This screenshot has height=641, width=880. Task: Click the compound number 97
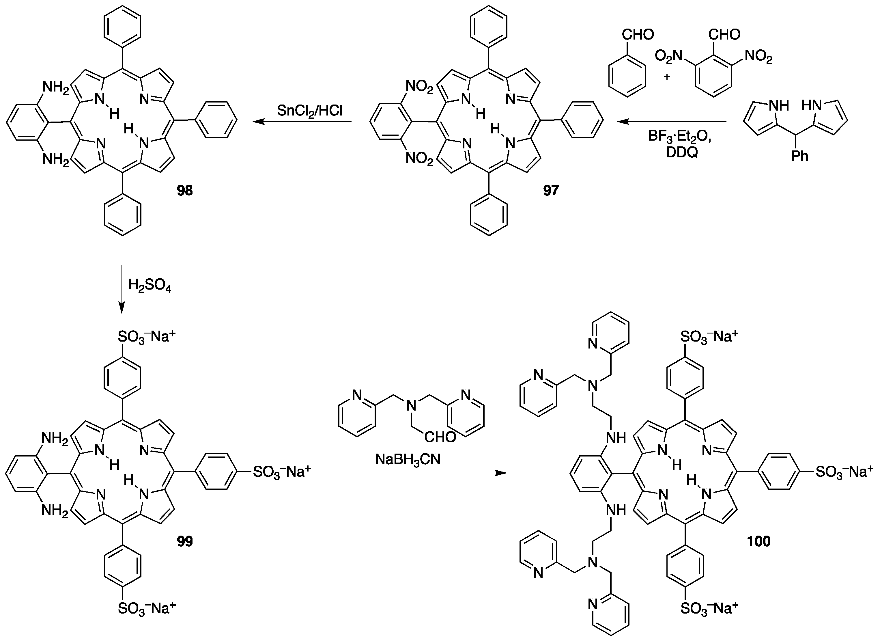pos(551,191)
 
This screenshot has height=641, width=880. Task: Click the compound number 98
pos(185,191)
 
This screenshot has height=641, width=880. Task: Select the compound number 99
pos(185,541)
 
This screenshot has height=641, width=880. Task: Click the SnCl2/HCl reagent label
pos(310,111)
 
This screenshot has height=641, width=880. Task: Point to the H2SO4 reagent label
pos(150,286)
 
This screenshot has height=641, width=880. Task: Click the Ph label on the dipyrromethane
pos(800,156)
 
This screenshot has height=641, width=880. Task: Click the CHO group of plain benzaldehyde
pos(638,35)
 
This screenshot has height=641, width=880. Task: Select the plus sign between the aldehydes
pos(667,77)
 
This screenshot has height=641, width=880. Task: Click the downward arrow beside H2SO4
pos(122,289)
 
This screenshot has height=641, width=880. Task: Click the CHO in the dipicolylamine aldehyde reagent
pos(440,437)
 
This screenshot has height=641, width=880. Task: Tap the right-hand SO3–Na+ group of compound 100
pos(844,472)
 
